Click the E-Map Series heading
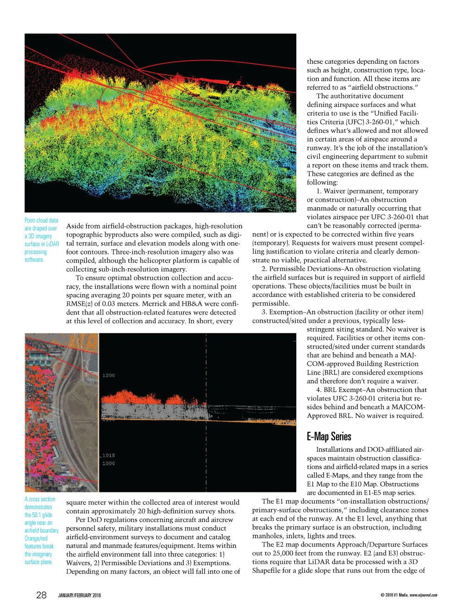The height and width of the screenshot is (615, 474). [x=329, y=437]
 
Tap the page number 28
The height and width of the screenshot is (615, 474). [x=41, y=595]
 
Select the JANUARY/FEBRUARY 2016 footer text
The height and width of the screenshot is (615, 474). [x=79, y=596]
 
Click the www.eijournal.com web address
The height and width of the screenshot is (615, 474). [x=424, y=595]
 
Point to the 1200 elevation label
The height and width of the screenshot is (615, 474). [x=109, y=375]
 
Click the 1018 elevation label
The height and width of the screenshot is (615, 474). [x=109, y=455]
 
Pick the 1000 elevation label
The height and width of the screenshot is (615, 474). [x=109, y=463]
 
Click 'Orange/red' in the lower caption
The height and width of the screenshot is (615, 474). [x=36, y=538]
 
